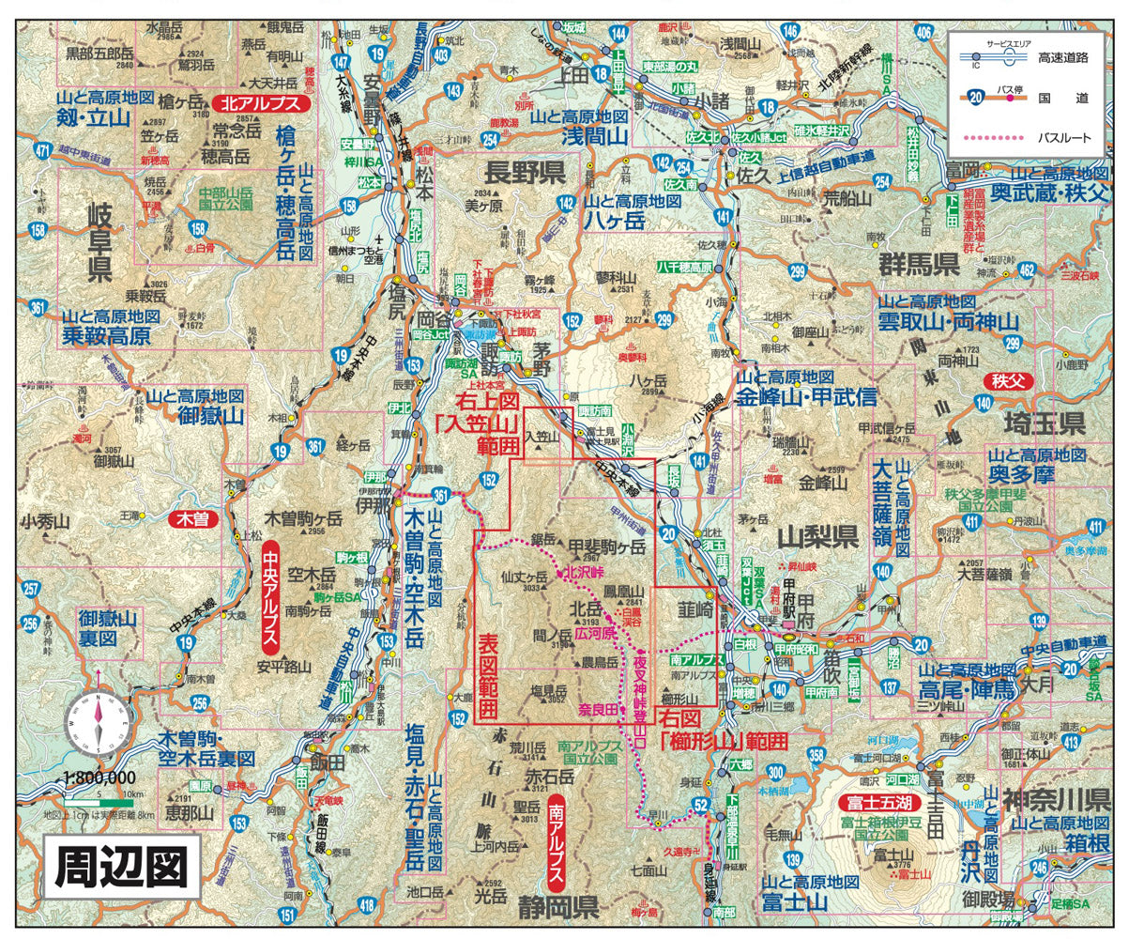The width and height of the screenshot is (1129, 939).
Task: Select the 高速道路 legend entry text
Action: coord(1063,57)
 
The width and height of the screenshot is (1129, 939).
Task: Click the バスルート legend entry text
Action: coord(1064,138)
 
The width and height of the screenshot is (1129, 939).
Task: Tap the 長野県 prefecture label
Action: coord(524,172)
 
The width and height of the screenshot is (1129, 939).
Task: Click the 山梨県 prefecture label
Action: coord(818,537)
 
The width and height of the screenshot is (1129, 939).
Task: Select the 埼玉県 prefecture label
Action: coord(1044,420)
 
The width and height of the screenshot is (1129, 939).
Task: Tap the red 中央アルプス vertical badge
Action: coord(270,595)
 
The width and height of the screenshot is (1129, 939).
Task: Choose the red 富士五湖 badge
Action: coord(876,802)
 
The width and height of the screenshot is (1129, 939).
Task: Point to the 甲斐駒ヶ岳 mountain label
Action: coord(608,546)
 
